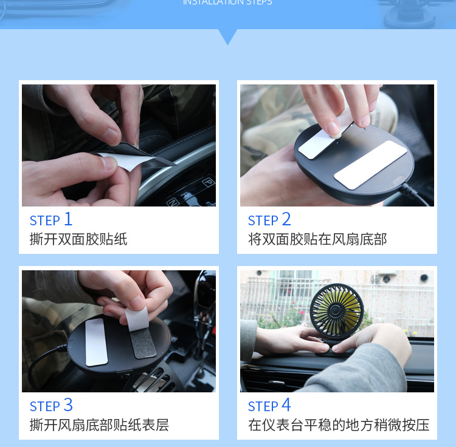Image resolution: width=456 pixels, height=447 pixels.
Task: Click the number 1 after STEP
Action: click(68, 219)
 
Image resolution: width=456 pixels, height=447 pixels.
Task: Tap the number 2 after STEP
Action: click(286, 219)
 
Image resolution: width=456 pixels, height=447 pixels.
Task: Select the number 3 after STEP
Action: click(68, 404)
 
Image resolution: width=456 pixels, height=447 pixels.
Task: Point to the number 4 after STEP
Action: click(286, 404)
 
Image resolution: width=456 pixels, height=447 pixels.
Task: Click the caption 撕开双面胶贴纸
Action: click(78, 239)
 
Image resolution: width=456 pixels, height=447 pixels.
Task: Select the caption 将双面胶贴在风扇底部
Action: click(317, 239)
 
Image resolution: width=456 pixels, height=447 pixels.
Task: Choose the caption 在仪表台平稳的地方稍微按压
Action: click(339, 425)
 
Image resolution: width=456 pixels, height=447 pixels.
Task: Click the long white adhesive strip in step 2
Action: click(370, 164)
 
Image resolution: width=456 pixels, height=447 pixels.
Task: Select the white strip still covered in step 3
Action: click(96, 342)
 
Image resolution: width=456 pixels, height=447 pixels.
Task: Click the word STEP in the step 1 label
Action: click(45, 220)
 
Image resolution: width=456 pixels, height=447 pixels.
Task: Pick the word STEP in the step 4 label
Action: click(263, 406)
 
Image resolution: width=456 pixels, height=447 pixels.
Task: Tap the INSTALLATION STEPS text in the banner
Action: click(227, 2)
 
